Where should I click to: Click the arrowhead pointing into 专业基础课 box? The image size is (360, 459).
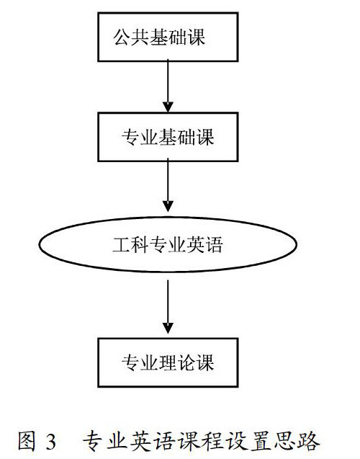pos(168,107)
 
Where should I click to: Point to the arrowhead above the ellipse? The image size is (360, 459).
pos(168,206)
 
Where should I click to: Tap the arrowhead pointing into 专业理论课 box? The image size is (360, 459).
pos(168,328)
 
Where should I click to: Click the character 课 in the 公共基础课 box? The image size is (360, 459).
pos(197,37)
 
